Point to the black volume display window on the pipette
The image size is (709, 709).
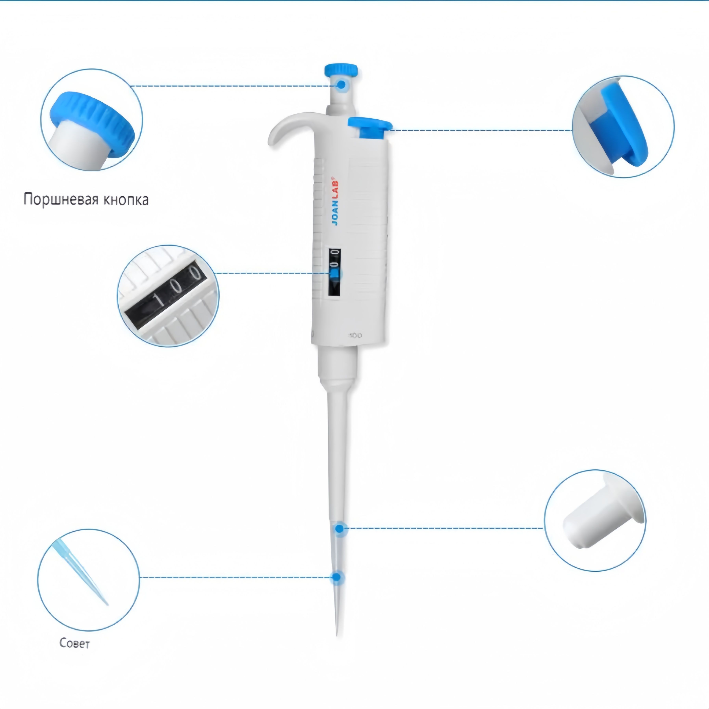pyautogui.click(x=334, y=272)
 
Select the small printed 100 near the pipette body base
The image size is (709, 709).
pyautogui.click(x=355, y=335)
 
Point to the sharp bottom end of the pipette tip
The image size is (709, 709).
pyautogui.click(x=337, y=636)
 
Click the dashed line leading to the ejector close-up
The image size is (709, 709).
pyautogui.click(x=482, y=130)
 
